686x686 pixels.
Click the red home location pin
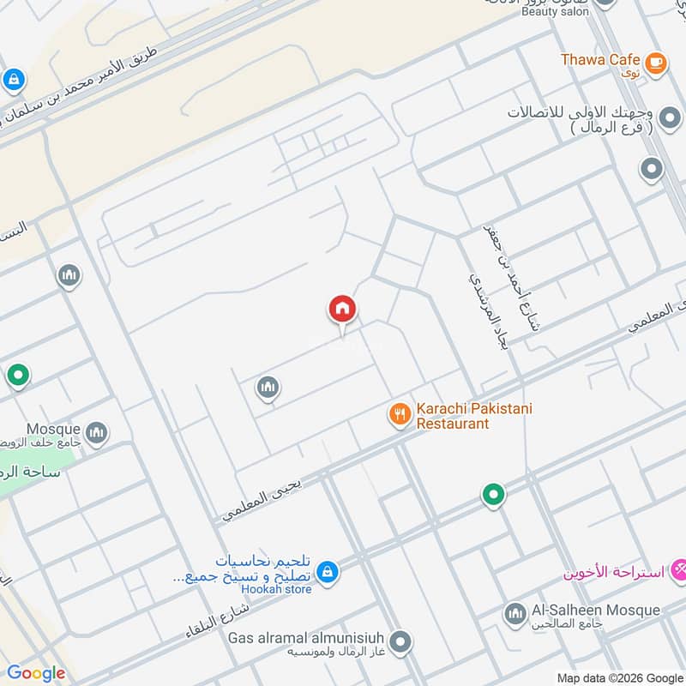click(x=342, y=310)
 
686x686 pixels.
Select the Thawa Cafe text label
click(x=600, y=60)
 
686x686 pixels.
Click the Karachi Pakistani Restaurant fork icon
click(x=400, y=416)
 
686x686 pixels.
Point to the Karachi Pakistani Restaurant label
click(x=474, y=416)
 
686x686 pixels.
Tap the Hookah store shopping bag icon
click(x=326, y=570)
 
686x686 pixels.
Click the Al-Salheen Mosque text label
click(x=596, y=611)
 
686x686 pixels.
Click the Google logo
click(x=36, y=673)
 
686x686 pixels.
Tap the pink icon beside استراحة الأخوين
click(x=678, y=568)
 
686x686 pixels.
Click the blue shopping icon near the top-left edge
click(x=12, y=80)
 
